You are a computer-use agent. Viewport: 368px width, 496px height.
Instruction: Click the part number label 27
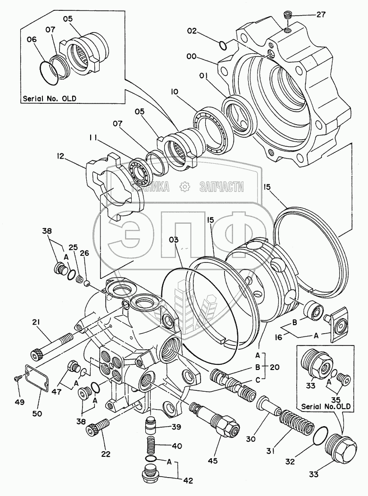click(320, 15)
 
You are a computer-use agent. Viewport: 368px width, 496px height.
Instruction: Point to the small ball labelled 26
click(87, 283)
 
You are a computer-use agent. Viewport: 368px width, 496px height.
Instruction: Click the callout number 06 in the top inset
click(32, 40)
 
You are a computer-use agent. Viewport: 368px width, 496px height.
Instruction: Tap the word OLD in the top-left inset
click(68, 99)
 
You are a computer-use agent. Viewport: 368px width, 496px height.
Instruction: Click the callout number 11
click(93, 138)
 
